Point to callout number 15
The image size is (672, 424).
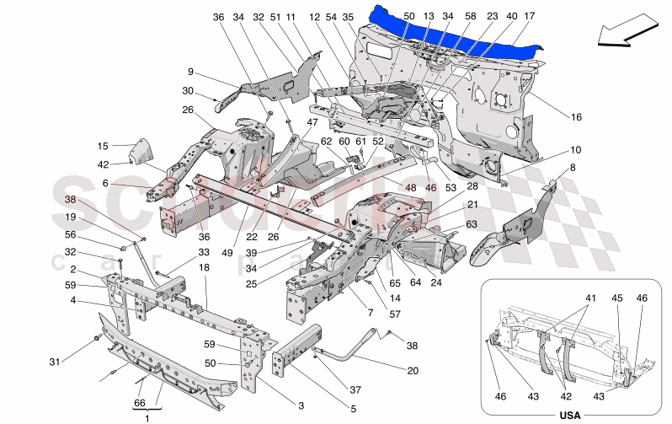(103, 146)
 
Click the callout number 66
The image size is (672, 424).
(141, 404)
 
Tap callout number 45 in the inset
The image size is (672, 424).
(616, 298)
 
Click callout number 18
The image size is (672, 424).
(204, 267)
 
